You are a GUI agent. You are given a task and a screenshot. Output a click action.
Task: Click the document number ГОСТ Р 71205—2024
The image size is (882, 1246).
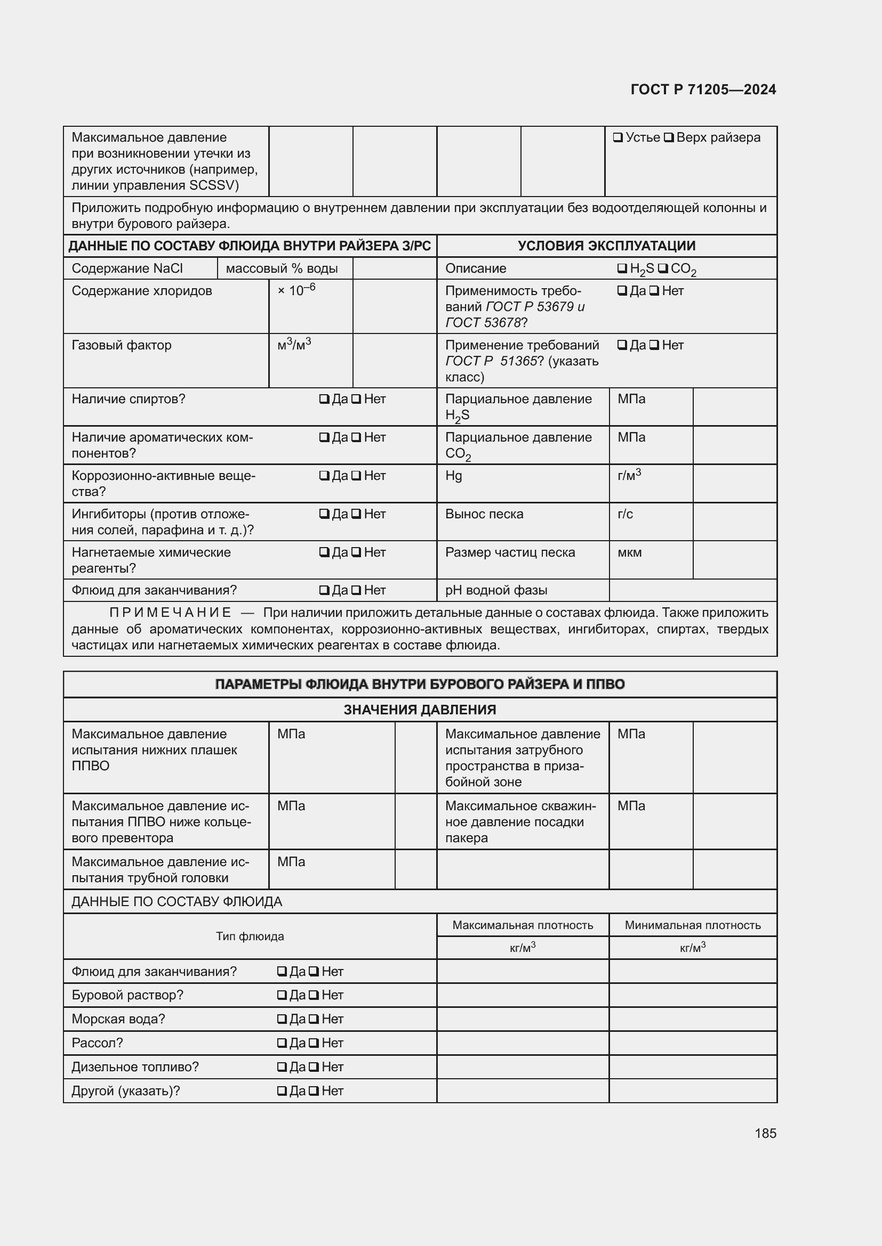click(703, 89)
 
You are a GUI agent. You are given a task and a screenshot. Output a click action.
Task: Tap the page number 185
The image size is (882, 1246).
click(765, 1133)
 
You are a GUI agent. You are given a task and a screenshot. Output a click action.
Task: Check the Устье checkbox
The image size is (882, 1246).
click(618, 137)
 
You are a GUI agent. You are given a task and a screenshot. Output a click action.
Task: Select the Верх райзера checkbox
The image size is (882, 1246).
click(669, 137)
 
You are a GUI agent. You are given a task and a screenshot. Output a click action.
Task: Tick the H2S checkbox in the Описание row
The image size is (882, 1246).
click(622, 268)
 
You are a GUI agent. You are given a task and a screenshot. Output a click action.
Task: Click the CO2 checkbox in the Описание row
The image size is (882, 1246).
click(663, 268)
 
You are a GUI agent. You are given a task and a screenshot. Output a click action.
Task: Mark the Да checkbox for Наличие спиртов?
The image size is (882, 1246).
click(324, 400)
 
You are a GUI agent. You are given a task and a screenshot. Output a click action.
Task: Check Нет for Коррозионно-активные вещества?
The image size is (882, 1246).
click(356, 476)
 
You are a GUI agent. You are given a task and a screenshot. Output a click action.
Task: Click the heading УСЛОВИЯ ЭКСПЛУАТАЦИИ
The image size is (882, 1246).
click(606, 246)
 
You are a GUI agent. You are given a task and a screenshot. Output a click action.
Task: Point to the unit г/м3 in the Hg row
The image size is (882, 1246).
click(629, 475)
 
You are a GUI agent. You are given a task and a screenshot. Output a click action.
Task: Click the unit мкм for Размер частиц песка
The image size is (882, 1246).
click(629, 552)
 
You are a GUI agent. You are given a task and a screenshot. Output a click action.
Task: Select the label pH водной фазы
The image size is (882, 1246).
click(496, 590)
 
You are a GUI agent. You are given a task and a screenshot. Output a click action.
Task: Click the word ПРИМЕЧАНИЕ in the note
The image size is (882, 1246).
click(171, 613)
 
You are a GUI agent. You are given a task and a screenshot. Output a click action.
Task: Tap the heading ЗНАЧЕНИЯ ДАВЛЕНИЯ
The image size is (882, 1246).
click(420, 710)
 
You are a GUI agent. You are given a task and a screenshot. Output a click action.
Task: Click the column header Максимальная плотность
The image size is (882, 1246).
click(523, 925)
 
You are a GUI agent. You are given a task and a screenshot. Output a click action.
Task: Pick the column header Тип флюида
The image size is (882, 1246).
click(250, 936)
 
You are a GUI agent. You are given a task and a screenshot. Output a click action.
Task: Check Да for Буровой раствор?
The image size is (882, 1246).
click(282, 995)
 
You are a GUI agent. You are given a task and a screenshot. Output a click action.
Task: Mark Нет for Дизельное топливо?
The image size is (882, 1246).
click(314, 1067)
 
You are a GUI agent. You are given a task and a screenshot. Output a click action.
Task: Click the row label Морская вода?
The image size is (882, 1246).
click(118, 1019)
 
